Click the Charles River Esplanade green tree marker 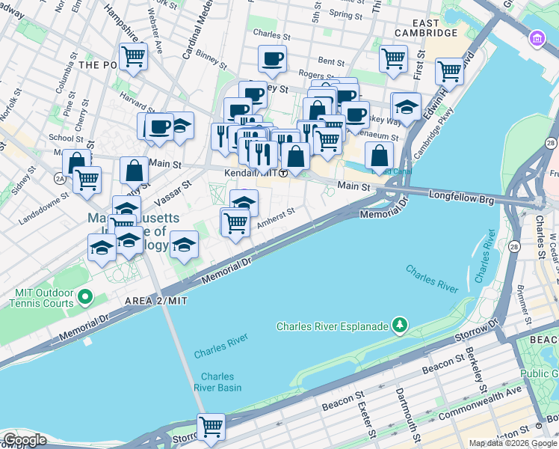click(401, 325)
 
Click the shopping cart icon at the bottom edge click(211, 427)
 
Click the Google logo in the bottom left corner click(24, 440)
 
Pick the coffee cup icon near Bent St click(272, 59)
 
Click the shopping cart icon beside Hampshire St click(133, 56)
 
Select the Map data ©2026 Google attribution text click(513, 443)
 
